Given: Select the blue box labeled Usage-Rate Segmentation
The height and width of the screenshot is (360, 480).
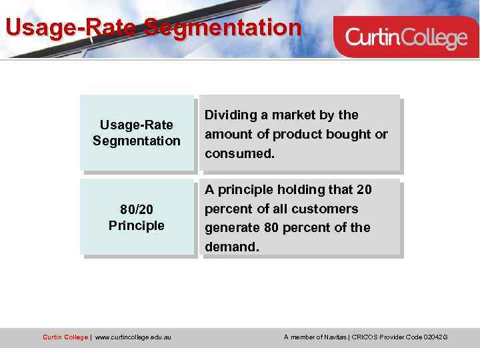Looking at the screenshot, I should pos(137,133).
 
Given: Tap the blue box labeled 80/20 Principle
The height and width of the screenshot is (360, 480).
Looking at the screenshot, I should pos(137,217).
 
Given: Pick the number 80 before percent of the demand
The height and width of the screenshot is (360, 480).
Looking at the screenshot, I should pos(271,228).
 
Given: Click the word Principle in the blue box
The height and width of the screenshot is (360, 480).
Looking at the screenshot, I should pos(137,225).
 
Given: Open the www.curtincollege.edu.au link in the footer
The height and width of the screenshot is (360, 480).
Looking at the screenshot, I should pos(133,337).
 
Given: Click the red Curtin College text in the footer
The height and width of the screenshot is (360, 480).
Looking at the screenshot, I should pos(65,337).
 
